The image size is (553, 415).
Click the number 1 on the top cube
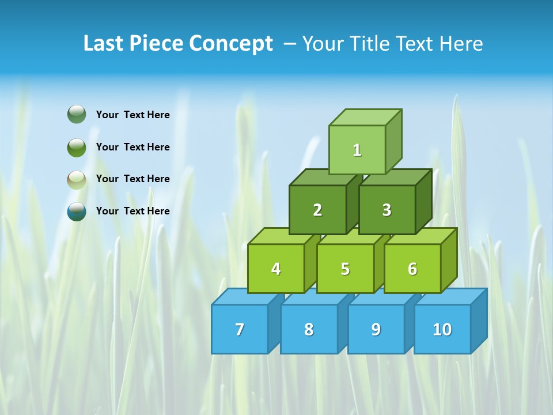[357, 150]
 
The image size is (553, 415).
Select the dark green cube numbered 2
[317, 210]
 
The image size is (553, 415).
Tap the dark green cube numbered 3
[387, 210]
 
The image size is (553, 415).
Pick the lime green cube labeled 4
[276, 269]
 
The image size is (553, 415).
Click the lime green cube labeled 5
[345, 269]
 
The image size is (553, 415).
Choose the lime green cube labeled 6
[412, 269]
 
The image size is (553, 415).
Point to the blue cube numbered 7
[240, 329]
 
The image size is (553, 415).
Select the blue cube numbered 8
[309, 329]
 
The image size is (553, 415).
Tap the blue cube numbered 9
[376, 329]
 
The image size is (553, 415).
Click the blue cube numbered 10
[442, 329]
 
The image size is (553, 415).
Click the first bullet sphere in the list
[77, 115]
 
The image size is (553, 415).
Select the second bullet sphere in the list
[77, 147]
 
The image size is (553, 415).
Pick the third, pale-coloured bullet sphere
[77, 179]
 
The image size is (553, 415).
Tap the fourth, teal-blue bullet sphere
[77, 211]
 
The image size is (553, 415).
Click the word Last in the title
[104, 44]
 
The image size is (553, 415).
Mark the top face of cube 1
[365, 117]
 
